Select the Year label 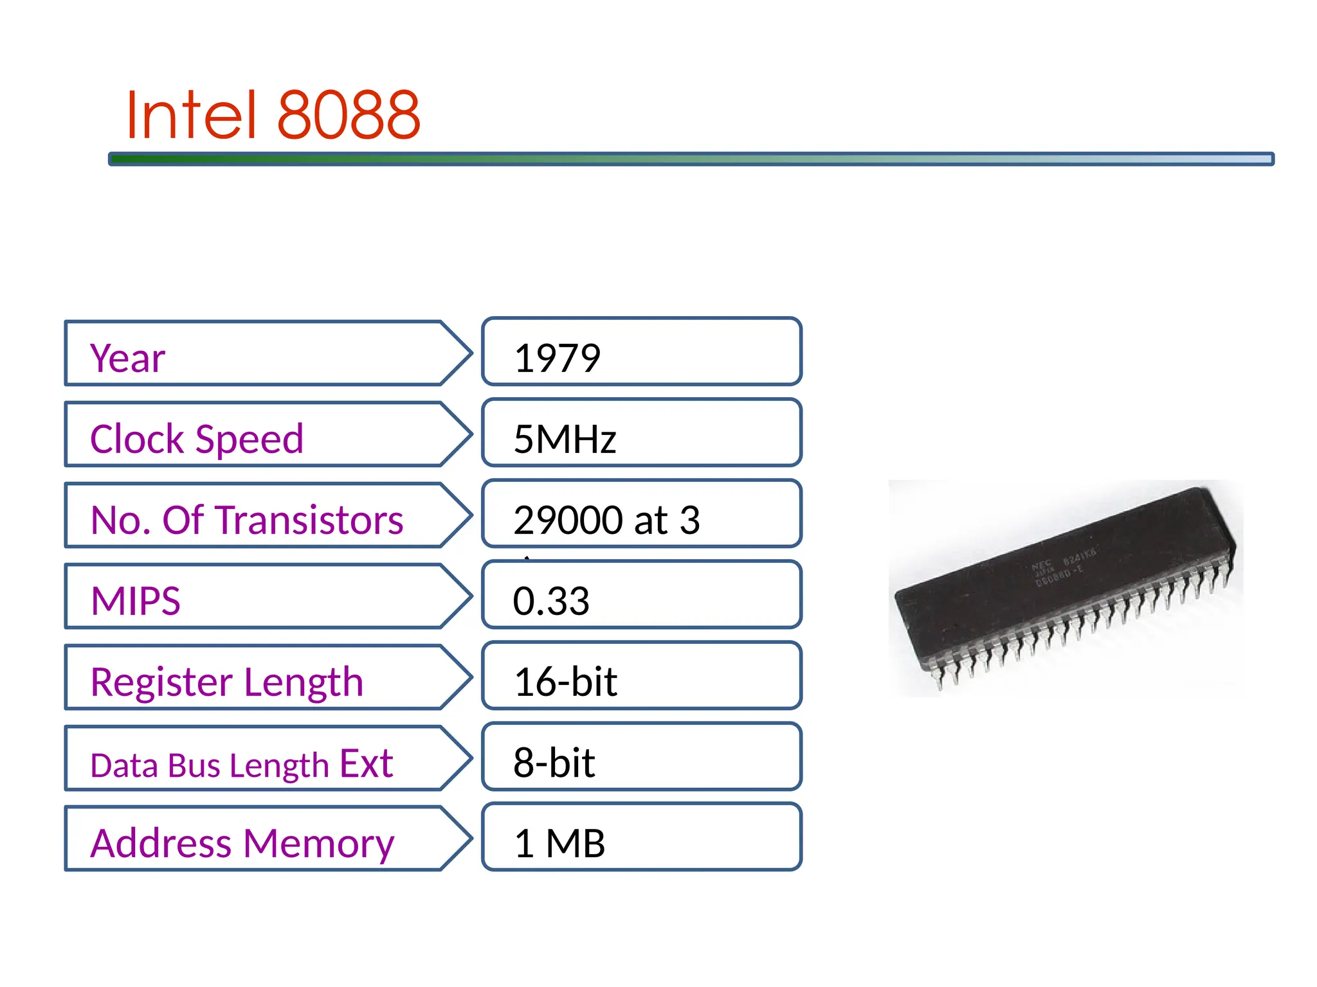coord(127,358)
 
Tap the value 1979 coord(557,358)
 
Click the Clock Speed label coord(196,439)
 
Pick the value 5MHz coord(565,440)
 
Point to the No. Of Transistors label coord(247,520)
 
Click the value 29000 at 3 coord(606,520)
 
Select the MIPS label coord(136,601)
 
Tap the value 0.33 coord(551,601)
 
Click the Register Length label coord(226,682)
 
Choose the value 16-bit coord(565,682)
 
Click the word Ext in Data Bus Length coord(366,763)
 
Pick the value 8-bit coord(554,763)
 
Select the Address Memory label coord(242,843)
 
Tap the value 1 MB coord(559,843)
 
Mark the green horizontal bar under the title coord(691,159)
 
